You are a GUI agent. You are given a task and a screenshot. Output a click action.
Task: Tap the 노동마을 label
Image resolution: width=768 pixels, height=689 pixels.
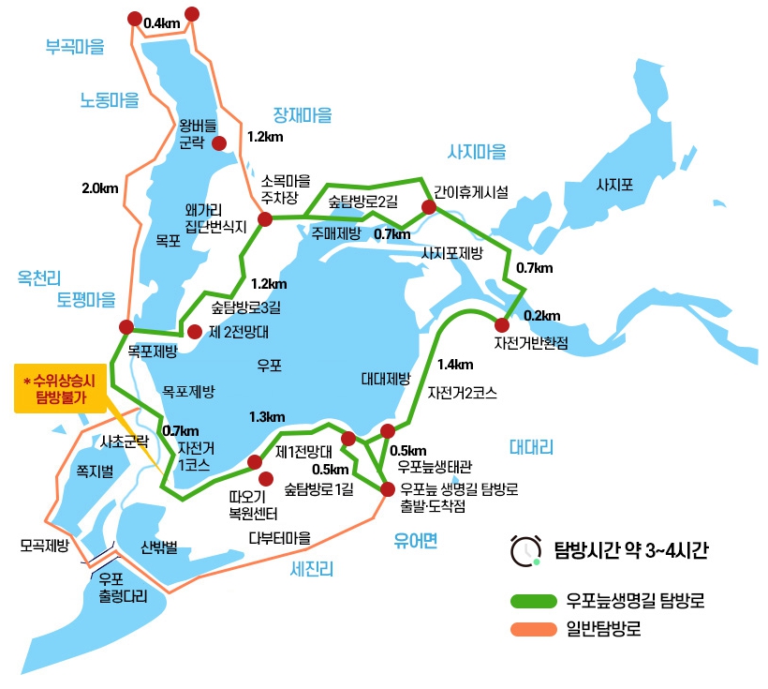(109, 99)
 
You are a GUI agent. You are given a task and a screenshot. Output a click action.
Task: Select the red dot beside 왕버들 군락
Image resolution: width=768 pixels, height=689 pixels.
(220, 143)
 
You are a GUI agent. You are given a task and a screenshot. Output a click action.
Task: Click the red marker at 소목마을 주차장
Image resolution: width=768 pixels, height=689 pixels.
(265, 219)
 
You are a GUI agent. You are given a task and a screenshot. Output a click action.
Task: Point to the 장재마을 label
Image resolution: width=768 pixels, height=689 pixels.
(303, 115)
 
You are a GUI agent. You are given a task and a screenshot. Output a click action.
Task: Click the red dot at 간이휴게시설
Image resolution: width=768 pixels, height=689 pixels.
(429, 207)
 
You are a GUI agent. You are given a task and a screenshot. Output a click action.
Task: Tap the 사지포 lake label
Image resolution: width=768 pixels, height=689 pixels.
(614, 186)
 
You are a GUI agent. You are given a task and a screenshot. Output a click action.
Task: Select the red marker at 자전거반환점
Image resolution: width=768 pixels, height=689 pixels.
(502, 324)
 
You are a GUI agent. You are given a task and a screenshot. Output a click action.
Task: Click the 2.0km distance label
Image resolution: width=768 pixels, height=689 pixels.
(100, 188)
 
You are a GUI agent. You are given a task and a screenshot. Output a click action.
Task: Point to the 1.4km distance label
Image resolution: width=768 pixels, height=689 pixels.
(455, 365)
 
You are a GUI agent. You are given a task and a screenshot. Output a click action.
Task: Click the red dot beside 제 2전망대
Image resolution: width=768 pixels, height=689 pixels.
(195, 331)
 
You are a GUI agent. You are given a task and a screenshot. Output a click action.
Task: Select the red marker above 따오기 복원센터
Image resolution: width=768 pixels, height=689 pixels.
(255, 461)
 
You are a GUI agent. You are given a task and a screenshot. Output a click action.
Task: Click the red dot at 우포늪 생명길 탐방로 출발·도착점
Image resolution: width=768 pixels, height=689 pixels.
(388, 487)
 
